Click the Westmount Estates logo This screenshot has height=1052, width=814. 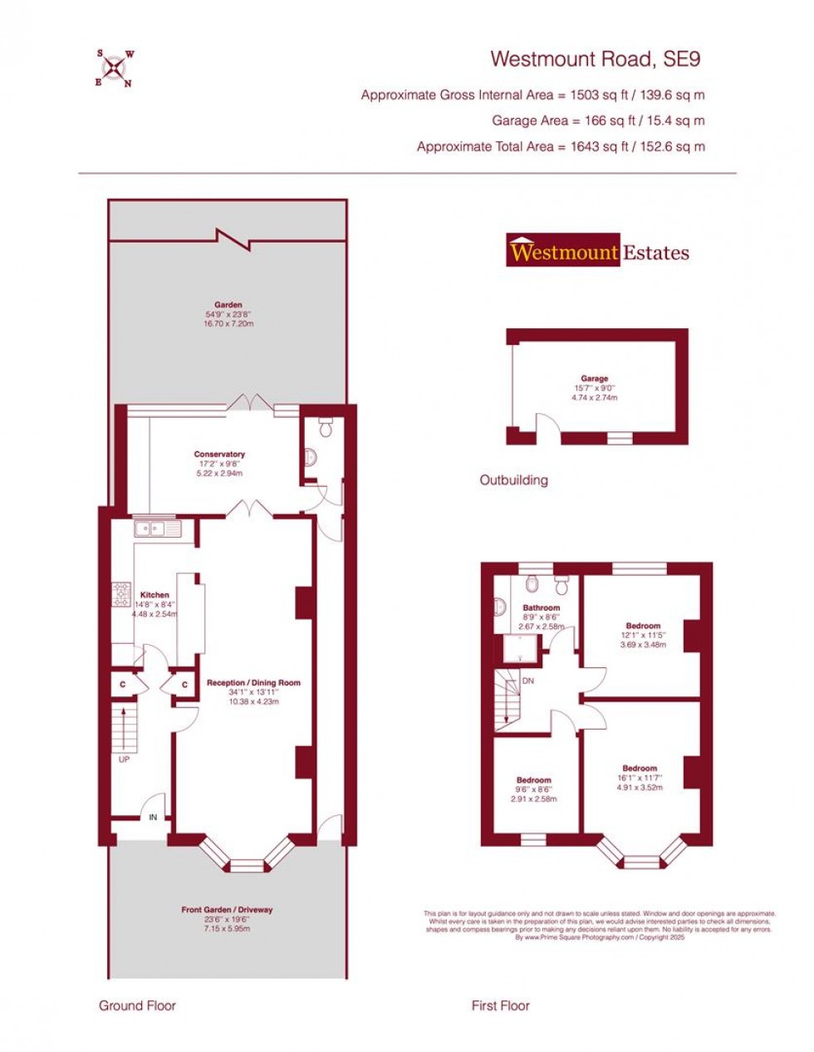point(598,251)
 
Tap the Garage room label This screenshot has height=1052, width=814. point(595,379)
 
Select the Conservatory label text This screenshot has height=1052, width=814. point(219,455)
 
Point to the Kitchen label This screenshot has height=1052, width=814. point(154,595)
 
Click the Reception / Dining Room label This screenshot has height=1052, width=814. point(254,683)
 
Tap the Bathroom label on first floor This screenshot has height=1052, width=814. point(542,607)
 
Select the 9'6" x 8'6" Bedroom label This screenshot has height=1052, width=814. point(534,780)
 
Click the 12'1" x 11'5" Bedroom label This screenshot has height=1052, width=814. point(644,626)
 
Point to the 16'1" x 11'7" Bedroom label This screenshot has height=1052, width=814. point(640,769)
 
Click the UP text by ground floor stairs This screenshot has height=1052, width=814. point(125,760)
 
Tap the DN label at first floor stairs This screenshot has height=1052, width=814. point(528,681)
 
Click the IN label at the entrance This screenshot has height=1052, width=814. point(153,818)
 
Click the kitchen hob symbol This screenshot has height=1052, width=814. point(122,593)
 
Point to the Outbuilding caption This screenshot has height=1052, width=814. point(514,480)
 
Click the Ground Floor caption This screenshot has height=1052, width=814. point(138,1005)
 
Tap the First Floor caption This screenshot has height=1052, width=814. point(501,1005)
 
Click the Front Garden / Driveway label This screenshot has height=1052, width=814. point(227,910)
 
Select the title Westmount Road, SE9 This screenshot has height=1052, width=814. point(596,59)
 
